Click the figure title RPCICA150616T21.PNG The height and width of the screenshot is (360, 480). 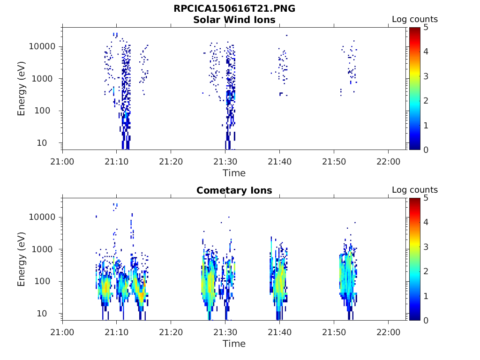(x=234, y=9)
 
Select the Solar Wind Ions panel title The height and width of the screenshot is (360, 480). (x=234, y=20)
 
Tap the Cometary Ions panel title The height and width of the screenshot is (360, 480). (x=234, y=190)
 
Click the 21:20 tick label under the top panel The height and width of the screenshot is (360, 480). (x=171, y=162)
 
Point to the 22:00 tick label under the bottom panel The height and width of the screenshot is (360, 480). (x=388, y=332)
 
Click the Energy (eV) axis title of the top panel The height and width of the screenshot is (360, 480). (x=22, y=88)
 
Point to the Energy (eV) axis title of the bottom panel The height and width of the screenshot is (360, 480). (x=22, y=259)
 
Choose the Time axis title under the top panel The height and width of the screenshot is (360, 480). (x=234, y=173)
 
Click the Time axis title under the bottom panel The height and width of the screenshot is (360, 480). (x=234, y=344)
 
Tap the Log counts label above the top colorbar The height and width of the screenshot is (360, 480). (x=415, y=19)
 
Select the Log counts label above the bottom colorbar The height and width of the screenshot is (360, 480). (x=415, y=190)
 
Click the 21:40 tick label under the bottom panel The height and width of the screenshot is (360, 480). (x=279, y=332)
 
